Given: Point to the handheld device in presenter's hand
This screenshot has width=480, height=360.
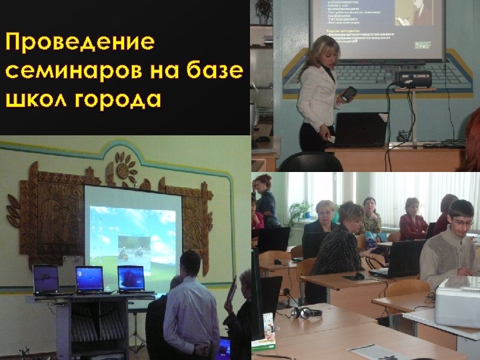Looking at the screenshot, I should click(x=348, y=94).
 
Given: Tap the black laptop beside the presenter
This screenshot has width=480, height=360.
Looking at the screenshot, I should click(x=361, y=129).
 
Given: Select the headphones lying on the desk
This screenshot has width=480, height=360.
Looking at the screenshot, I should click(x=305, y=312).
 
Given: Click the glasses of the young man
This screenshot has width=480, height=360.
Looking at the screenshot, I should click(x=462, y=222).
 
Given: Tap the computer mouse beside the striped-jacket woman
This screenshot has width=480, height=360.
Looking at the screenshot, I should click(x=359, y=276).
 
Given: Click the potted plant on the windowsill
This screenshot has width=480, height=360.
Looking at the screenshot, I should click(x=301, y=212).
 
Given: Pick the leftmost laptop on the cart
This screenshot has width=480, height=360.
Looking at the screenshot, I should click(x=45, y=278).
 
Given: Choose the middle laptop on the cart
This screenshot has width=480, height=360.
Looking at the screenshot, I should click(x=89, y=279).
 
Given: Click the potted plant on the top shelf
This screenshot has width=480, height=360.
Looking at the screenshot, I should click(x=263, y=10).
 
